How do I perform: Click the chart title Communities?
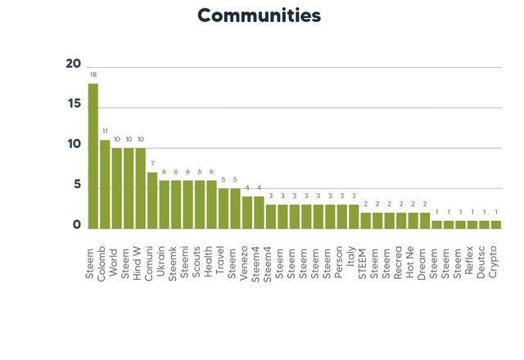[260, 16]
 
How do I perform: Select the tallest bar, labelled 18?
[93, 155]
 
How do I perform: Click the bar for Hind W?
[140, 187]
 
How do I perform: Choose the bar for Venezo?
[246, 212]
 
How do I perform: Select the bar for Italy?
[354, 216]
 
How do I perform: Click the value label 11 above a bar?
[105, 131]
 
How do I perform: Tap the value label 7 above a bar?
[152, 164]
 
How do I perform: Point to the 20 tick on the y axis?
[73, 65]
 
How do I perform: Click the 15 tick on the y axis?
[73, 105]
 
